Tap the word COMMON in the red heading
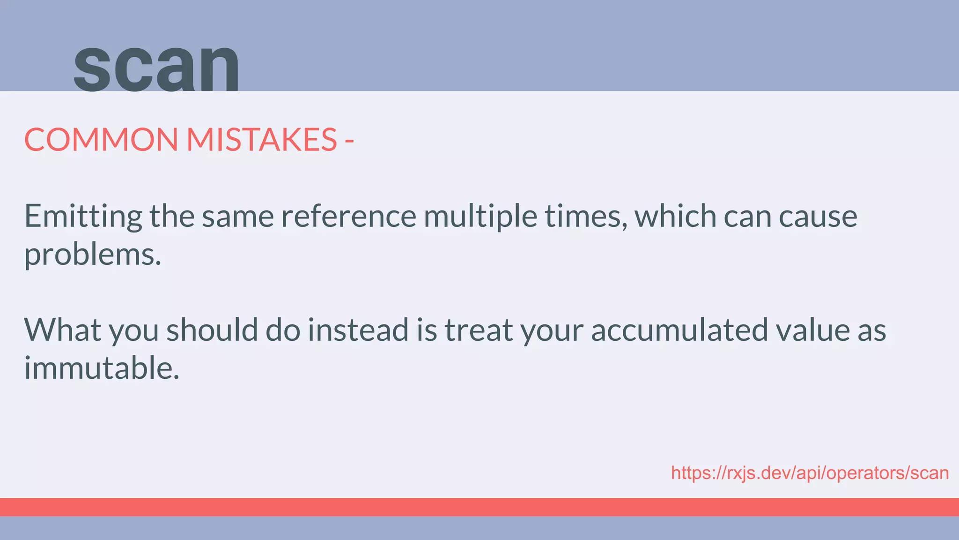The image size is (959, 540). click(101, 140)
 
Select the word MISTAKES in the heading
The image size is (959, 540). click(261, 140)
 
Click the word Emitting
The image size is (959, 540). click(83, 216)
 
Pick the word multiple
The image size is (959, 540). click(480, 216)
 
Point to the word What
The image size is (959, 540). click(63, 330)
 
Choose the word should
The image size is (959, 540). click(212, 330)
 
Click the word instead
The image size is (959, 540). click(358, 330)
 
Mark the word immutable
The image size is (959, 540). click(102, 368)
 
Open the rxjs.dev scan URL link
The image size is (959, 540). click(810, 473)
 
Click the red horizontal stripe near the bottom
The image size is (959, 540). click(479, 507)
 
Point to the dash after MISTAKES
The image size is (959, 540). click(349, 141)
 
